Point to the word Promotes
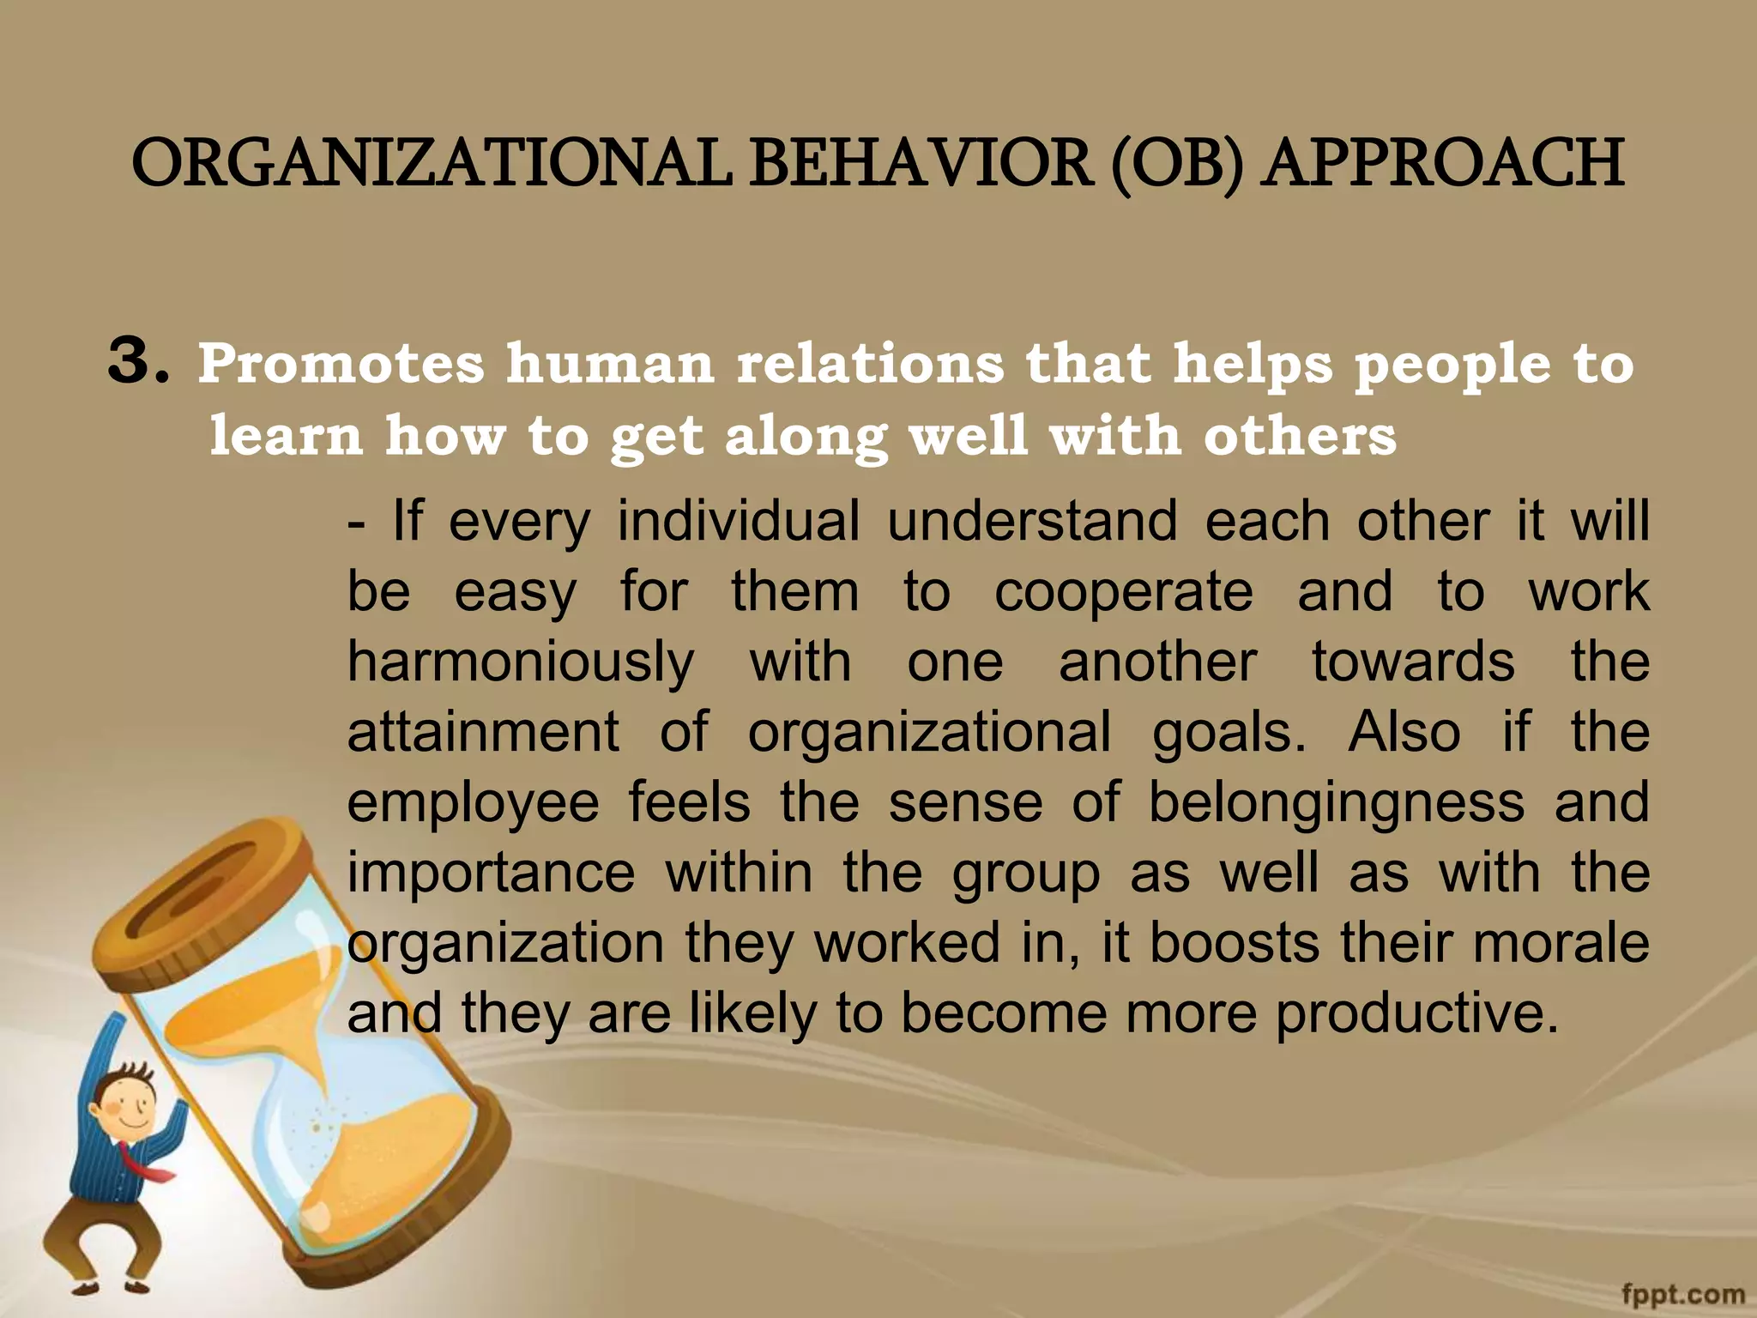(x=341, y=364)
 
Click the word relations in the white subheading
(x=870, y=364)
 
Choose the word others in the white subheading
(x=1300, y=436)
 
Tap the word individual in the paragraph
(x=738, y=521)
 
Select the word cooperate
(x=1123, y=591)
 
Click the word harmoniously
(x=521, y=663)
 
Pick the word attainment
(x=482, y=732)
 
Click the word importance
(x=491, y=874)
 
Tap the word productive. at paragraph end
(x=1416, y=1014)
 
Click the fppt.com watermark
(x=1682, y=1294)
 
